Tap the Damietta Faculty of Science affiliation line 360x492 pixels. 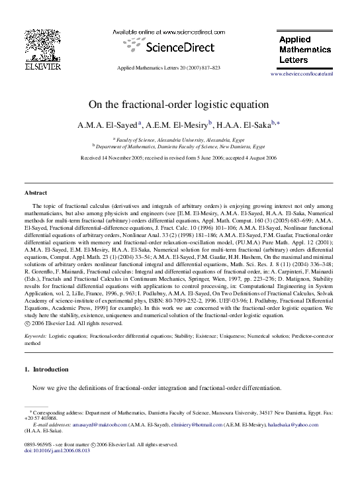click(179, 146)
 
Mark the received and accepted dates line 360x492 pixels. click(179, 159)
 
